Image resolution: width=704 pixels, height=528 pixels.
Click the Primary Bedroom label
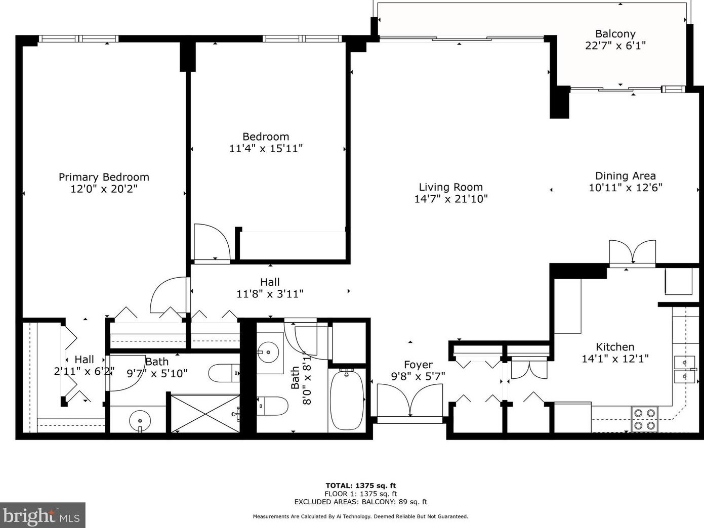[x=104, y=177]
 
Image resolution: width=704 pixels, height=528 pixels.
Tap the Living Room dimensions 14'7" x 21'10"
[x=450, y=199]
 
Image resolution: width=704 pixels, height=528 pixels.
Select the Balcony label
[x=615, y=34]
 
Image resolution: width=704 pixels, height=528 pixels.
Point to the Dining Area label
[x=625, y=176]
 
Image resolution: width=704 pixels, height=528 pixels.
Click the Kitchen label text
[x=615, y=347]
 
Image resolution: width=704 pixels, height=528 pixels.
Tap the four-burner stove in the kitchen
[x=644, y=419]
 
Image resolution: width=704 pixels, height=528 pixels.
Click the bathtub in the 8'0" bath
[x=346, y=400]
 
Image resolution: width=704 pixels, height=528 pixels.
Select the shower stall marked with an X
[x=205, y=414]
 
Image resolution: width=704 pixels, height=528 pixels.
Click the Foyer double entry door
[x=410, y=401]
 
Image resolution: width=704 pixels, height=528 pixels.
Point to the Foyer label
[x=418, y=365]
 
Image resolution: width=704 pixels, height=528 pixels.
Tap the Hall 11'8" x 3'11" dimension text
[x=270, y=294]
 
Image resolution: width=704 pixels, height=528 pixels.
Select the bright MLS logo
[x=43, y=515]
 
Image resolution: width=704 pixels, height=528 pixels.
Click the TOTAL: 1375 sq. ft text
[x=360, y=486]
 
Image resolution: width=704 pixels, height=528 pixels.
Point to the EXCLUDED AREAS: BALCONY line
[x=360, y=502]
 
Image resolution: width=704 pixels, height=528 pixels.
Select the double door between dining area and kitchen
[x=632, y=252]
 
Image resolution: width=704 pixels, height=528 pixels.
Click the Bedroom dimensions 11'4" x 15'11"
[x=266, y=149]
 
